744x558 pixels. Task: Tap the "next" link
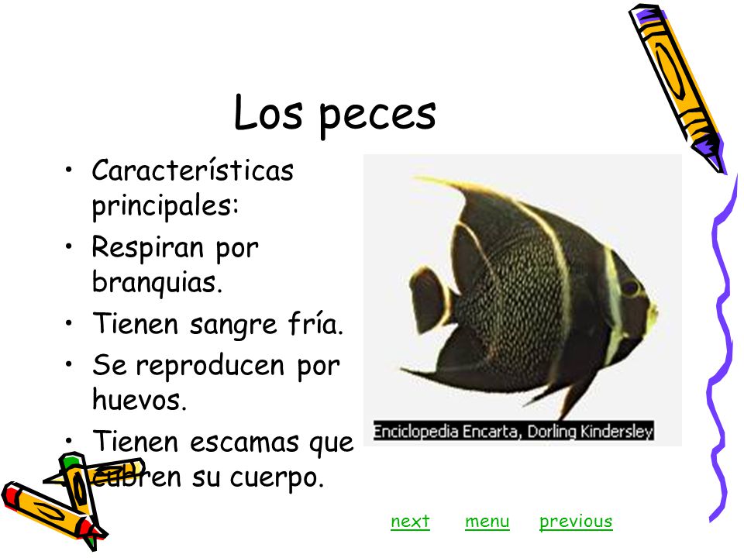click(x=410, y=522)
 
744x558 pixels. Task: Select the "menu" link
click(x=487, y=522)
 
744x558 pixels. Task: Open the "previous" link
click(x=576, y=522)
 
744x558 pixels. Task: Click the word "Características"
click(x=192, y=170)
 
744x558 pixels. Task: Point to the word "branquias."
click(x=157, y=282)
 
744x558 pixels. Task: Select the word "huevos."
click(x=139, y=400)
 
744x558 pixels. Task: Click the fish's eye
click(x=632, y=288)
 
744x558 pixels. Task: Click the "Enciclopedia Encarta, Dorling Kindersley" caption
click(x=513, y=432)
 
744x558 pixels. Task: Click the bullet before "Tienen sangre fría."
click(x=71, y=325)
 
